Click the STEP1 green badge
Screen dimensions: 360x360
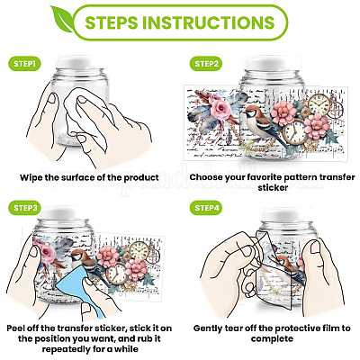pyautogui.click(x=24, y=64)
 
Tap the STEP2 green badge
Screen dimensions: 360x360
pyautogui.click(x=206, y=64)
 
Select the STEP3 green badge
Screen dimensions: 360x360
pyautogui.click(x=25, y=208)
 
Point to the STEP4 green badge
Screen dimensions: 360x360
pyautogui.click(x=206, y=208)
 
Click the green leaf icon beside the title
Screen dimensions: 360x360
pyautogui.click(x=61, y=19)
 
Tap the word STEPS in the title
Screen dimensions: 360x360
pyautogui.click(x=112, y=22)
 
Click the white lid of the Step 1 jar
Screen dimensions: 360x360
pyautogui.click(x=80, y=62)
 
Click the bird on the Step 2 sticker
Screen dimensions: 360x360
pyautogui.click(x=263, y=123)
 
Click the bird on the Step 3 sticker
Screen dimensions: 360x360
pyautogui.click(x=88, y=264)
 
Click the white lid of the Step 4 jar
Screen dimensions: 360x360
pyautogui.click(x=288, y=214)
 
